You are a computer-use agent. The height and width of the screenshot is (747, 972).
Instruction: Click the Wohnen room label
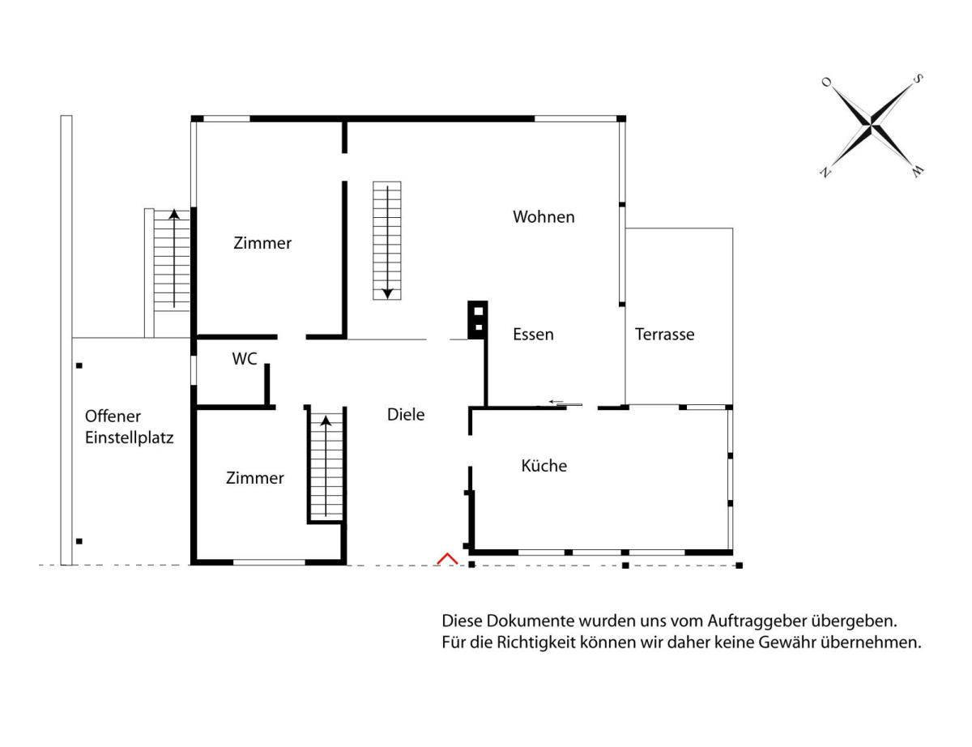[544, 217]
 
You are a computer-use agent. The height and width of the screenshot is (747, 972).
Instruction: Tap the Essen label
[533, 335]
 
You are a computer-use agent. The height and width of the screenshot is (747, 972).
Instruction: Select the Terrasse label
[664, 335]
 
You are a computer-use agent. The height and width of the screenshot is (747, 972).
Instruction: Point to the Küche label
[544, 466]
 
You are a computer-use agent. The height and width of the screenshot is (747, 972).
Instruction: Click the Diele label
[406, 415]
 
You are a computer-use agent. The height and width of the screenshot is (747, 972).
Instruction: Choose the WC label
[245, 359]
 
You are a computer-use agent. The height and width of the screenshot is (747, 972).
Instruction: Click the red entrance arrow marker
[447, 559]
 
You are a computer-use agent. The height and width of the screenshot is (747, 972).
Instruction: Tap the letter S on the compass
[918, 79]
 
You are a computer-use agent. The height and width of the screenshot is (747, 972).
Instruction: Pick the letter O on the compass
[826, 82]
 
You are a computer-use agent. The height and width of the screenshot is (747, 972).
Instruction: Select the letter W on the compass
[918, 171]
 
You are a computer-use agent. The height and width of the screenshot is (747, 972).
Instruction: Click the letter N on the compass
[825, 173]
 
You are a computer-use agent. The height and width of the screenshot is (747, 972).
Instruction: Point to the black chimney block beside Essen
[478, 320]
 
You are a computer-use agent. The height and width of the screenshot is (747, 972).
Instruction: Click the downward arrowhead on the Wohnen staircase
[387, 294]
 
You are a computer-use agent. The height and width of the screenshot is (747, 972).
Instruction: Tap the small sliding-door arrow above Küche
[556, 402]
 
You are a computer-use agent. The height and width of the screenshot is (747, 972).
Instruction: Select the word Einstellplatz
[130, 438]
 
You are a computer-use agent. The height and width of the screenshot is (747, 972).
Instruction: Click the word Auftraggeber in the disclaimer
[757, 621]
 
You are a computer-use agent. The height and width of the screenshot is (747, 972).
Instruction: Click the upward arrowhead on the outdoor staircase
[174, 214]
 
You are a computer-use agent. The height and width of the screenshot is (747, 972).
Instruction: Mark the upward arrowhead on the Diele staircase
[326, 421]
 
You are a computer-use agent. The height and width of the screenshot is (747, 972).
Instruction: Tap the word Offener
[113, 416]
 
